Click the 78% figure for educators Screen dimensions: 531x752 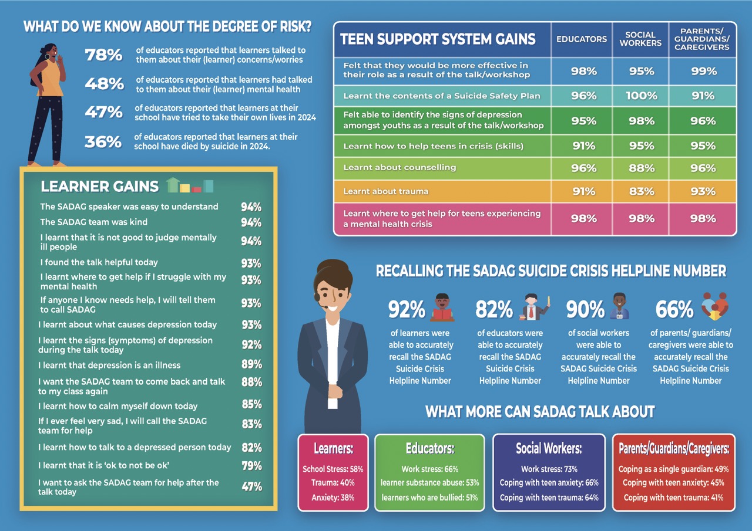pos(103,55)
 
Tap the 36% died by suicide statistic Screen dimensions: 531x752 pos(103,141)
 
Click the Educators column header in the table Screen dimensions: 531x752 pos(582,39)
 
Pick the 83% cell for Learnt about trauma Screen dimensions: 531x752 pos(641,191)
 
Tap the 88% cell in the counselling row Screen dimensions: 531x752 pos(641,168)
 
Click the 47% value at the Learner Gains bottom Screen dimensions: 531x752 pos(251,486)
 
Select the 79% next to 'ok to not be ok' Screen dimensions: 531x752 pos(251,466)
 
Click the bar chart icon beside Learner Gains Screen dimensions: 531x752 pos(190,186)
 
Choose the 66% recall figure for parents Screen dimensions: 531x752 pos(674,309)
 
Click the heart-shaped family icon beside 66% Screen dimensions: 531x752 pos(714,306)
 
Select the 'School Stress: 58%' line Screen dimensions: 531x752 pos(333,469)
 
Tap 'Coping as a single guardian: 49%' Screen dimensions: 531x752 pos(673,469)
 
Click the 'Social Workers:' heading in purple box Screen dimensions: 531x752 pos(549,449)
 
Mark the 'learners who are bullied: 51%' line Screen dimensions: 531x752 pos(429,498)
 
